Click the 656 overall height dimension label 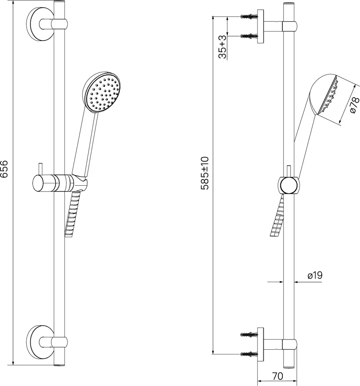[4, 169]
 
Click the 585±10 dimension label [205, 173]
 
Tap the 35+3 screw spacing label [222, 47]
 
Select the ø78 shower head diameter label [355, 105]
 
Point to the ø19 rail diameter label [315, 275]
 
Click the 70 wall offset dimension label [277, 376]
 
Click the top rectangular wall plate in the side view [260, 27]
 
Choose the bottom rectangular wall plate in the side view [260, 344]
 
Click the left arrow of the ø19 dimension [275, 282]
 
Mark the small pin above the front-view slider [41, 169]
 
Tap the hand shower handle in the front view [85, 145]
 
